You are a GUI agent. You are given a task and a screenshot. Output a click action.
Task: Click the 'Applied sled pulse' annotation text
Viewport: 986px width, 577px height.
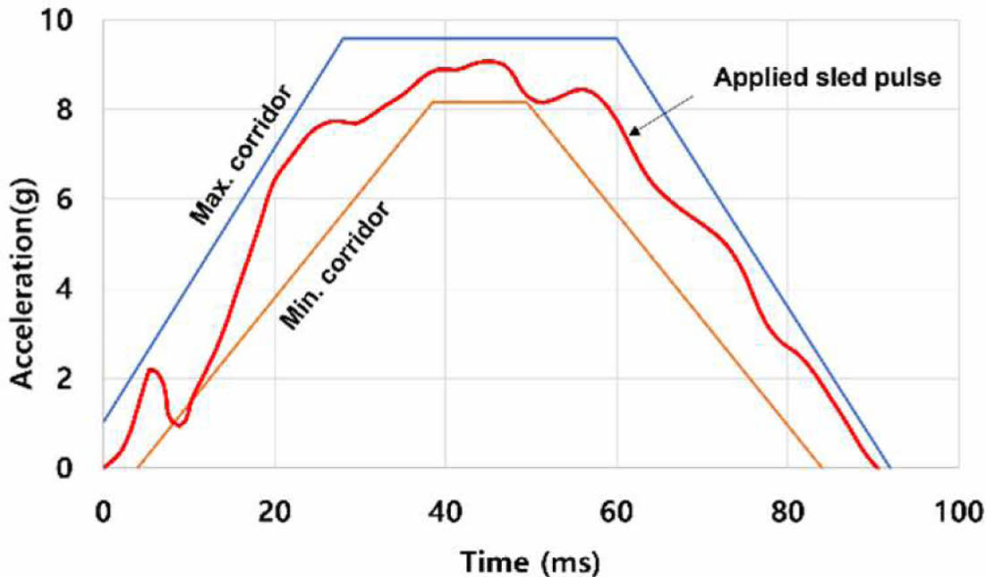click(828, 78)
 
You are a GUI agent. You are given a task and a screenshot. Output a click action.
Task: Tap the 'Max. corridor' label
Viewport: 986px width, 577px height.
click(242, 153)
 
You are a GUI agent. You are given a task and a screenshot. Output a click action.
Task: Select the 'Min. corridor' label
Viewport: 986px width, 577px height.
click(337, 267)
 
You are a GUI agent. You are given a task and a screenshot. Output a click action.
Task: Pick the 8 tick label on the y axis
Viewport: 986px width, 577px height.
click(78, 109)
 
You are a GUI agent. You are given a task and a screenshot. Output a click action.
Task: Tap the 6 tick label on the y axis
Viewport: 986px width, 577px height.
click(78, 199)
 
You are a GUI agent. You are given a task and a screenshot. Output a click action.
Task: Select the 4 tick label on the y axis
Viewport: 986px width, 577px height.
click(78, 289)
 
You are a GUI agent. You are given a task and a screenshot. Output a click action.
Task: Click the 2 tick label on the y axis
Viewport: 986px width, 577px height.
click(78, 378)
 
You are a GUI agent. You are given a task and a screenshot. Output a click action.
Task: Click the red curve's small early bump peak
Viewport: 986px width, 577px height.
click(152, 369)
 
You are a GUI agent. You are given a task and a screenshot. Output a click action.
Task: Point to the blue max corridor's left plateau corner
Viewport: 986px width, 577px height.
click(343, 38)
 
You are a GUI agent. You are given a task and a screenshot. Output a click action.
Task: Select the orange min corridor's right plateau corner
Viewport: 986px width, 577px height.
click(527, 102)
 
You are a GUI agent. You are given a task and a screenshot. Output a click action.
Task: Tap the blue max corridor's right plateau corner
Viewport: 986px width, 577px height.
click(617, 38)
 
